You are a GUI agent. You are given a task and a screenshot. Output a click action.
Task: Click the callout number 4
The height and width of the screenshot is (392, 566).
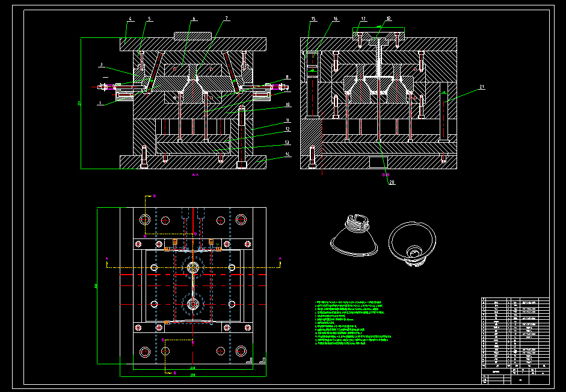point(129,19)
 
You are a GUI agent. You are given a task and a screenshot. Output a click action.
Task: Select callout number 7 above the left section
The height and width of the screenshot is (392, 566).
point(226,19)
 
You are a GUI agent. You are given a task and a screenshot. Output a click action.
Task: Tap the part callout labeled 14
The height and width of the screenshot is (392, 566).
point(288,155)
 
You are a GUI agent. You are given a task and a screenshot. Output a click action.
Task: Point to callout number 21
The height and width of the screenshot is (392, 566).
point(481,87)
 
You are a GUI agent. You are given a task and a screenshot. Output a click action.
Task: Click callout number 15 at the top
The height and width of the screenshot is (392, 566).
point(313,20)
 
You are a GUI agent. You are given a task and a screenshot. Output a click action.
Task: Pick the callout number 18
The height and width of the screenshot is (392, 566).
point(389,19)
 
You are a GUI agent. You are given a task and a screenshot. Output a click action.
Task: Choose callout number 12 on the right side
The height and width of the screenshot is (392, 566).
point(288,129)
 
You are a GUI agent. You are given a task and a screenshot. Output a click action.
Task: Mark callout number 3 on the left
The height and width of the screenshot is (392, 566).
point(102,64)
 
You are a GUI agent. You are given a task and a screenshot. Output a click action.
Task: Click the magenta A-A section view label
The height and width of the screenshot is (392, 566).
point(195,175)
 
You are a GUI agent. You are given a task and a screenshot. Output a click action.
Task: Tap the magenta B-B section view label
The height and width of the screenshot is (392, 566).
point(386,175)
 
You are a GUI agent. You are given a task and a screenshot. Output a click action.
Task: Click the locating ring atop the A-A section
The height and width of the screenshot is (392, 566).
point(192,36)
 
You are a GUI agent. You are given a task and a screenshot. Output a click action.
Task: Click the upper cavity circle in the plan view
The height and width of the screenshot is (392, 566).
point(193,267)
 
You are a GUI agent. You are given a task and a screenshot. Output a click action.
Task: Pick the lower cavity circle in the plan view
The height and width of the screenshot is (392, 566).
point(193,304)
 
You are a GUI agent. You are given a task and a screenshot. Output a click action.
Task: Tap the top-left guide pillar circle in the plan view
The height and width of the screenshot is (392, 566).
point(144,220)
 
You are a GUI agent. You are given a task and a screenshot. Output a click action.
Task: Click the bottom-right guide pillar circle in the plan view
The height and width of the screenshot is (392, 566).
point(241,350)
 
